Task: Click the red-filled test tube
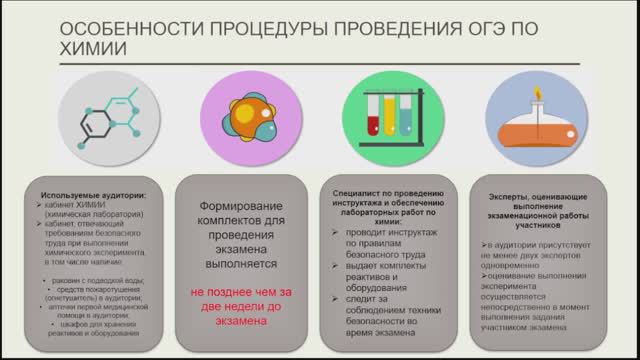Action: tap(372, 114)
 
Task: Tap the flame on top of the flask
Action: tap(537, 96)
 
